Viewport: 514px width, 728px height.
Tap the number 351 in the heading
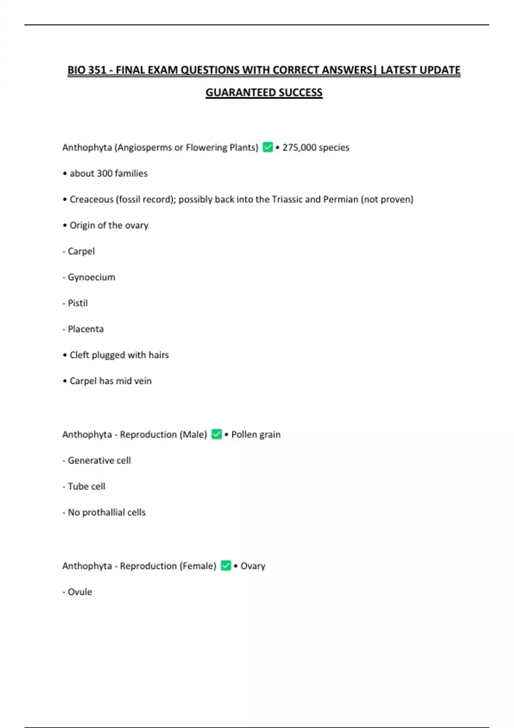[97, 70]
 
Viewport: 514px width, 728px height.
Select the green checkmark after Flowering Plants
[268, 147]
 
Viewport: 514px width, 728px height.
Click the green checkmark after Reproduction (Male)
[217, 434]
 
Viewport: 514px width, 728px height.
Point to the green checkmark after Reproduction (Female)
[226, 566]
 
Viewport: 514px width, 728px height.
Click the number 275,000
[299, 147]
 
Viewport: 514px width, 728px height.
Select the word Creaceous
[91, 200]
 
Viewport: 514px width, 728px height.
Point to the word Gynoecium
[91, 277]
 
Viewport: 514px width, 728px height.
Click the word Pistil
[78, 303]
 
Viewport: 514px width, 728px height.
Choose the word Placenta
[86, 329]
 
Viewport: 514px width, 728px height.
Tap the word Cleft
[79, 355]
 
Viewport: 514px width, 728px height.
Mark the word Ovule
[80, 592]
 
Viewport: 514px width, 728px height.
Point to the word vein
[143, 381]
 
